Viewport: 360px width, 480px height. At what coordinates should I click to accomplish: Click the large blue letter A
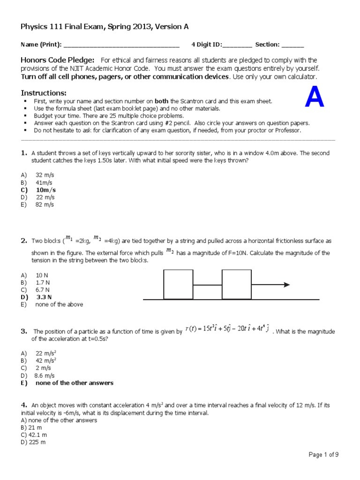point(315,98)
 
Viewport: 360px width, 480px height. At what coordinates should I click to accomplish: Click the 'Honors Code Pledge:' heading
point(58,60)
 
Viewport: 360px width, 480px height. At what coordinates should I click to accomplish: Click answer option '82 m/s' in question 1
point(45,205)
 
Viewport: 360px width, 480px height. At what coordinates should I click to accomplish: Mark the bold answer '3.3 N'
point(43,297)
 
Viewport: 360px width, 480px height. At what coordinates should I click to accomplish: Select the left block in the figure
point(178,284)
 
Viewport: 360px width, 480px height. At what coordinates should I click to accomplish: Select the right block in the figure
point(237,284)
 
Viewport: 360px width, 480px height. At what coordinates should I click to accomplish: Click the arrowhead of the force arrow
point(286,285)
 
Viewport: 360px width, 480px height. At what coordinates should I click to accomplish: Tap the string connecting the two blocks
point(207,285)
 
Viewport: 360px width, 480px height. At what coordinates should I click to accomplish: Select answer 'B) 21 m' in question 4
point(32,428)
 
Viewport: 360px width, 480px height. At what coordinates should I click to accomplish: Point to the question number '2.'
point(24,241)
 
